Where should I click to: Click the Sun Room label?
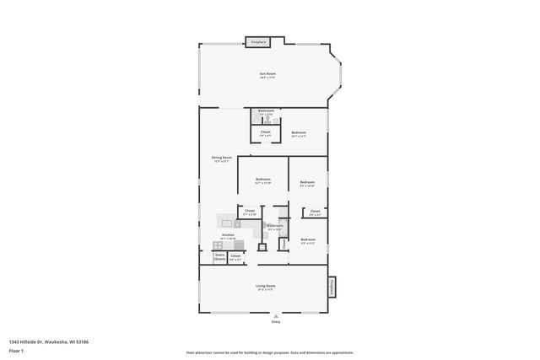(x=267, y=74)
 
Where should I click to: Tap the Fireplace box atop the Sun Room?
(x=257, y=42)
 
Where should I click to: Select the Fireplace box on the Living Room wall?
(x=332, y=287)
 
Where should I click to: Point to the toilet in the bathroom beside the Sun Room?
(x=266, y=120)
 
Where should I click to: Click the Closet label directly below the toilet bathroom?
(x=265, y=132)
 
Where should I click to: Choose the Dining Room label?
(x=222, y=158)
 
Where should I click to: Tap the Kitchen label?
(x=228, y=235)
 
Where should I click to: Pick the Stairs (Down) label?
(x=219, y=256)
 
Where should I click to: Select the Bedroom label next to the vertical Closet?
(x=307, y=241)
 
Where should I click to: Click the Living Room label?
(x=266, y=287)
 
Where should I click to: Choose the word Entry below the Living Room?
(x=275, y=321)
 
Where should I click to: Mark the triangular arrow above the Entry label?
(x=275, y=314)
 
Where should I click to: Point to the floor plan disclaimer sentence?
(x=269, y=352)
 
